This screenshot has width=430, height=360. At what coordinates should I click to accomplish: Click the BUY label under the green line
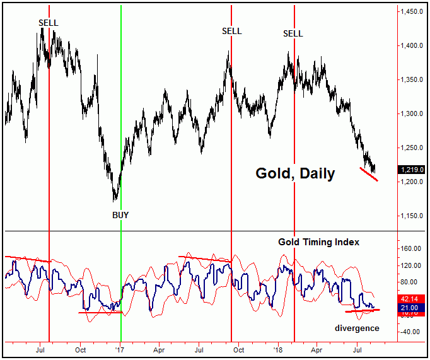tap(120, 215)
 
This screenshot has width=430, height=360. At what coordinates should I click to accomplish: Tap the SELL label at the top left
tap(48, 23)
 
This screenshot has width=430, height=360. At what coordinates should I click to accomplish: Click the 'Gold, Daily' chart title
tap(294, 173)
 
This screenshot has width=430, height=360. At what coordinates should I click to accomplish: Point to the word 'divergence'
tap(357, 328)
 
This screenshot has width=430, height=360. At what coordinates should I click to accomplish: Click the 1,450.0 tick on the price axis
tap(413, 12)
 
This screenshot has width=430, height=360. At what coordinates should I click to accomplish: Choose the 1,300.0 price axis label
tap(413, 114)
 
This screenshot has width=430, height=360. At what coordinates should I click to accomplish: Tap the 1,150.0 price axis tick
tap(413, 216)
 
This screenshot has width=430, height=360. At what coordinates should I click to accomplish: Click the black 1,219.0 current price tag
tap(412, 170)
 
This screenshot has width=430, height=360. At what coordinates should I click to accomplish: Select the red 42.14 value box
tap(413, 299)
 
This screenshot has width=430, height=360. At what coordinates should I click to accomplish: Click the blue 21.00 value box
tap(413, 306)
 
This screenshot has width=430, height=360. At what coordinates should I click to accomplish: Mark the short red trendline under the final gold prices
tap(369, 174)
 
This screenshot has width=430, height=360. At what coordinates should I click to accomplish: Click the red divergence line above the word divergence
tap(363, 310)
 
